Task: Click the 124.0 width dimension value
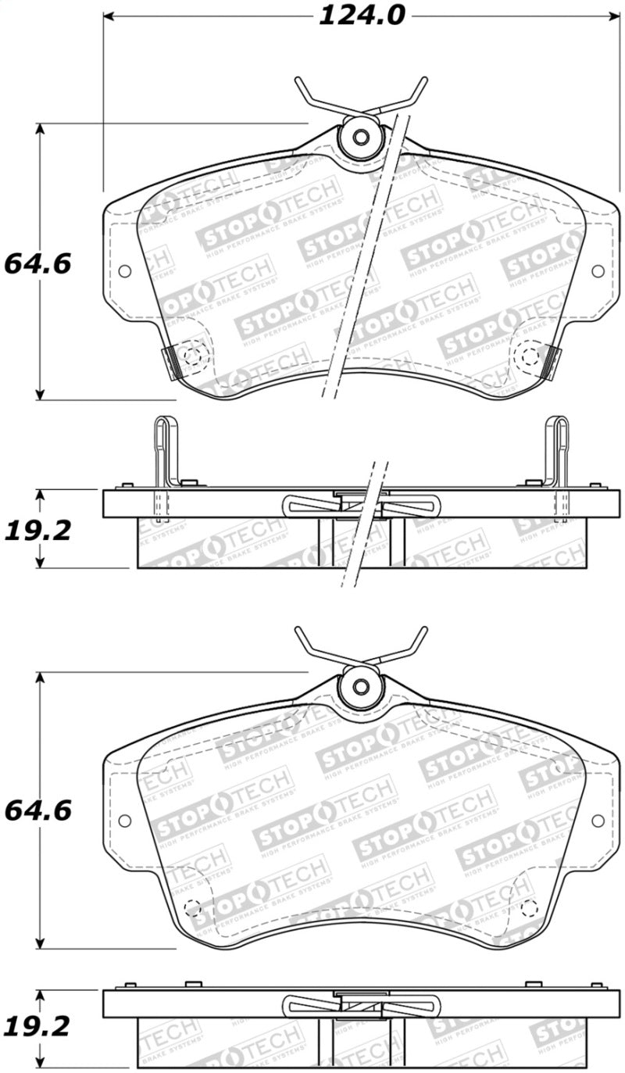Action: [361, 16]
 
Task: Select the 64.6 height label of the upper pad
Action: [37, 263]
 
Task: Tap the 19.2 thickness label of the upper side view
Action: [37, 531]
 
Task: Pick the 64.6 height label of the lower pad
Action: [37, 810]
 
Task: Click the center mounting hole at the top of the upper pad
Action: [360, 137]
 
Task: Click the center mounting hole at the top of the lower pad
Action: [360, 685]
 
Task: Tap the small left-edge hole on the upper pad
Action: [123, 271]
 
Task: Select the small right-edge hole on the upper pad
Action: [598, 271]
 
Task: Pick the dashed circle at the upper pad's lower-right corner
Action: [530, 357]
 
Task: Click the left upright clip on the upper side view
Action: [165, 461]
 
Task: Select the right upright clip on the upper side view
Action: [556, 461]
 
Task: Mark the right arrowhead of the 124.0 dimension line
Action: [615, 16]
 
